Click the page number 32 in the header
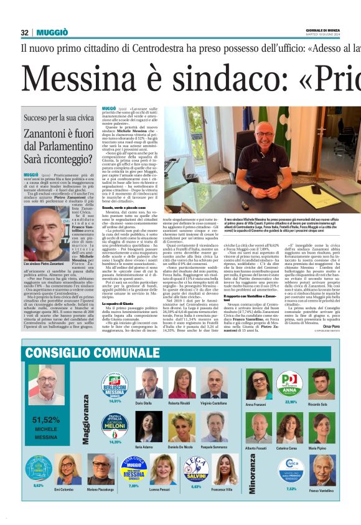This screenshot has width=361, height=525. [x=25, y=32]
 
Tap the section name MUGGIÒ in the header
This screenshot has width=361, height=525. [x=52, y=32]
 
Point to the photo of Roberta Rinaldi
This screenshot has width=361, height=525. [x=182, y=383]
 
